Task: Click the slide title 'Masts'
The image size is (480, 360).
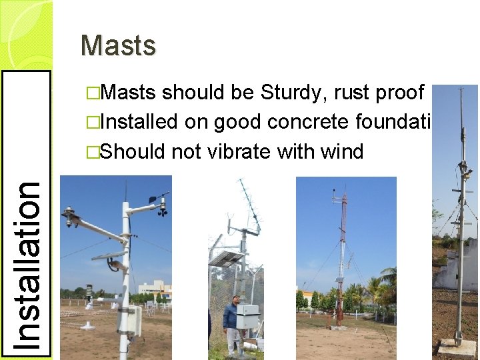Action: point(118,46)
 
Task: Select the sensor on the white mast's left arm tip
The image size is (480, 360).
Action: point(69,217)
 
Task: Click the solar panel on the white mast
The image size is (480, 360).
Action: point(108,255)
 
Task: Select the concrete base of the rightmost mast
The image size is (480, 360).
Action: point(457,347)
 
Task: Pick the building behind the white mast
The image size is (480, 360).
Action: point(155,288)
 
